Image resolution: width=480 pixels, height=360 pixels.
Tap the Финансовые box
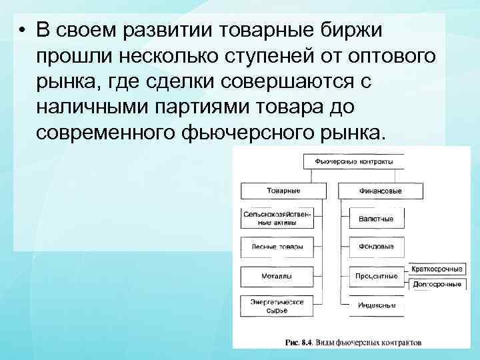(381, 191)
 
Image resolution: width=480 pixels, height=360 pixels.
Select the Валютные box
(377, 219)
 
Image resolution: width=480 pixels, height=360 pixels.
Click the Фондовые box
(377, 247)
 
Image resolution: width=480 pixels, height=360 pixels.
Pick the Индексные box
(377, 305)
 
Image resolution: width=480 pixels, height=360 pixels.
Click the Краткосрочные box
(437, 269)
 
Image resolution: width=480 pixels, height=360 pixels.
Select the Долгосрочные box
(437, 285)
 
